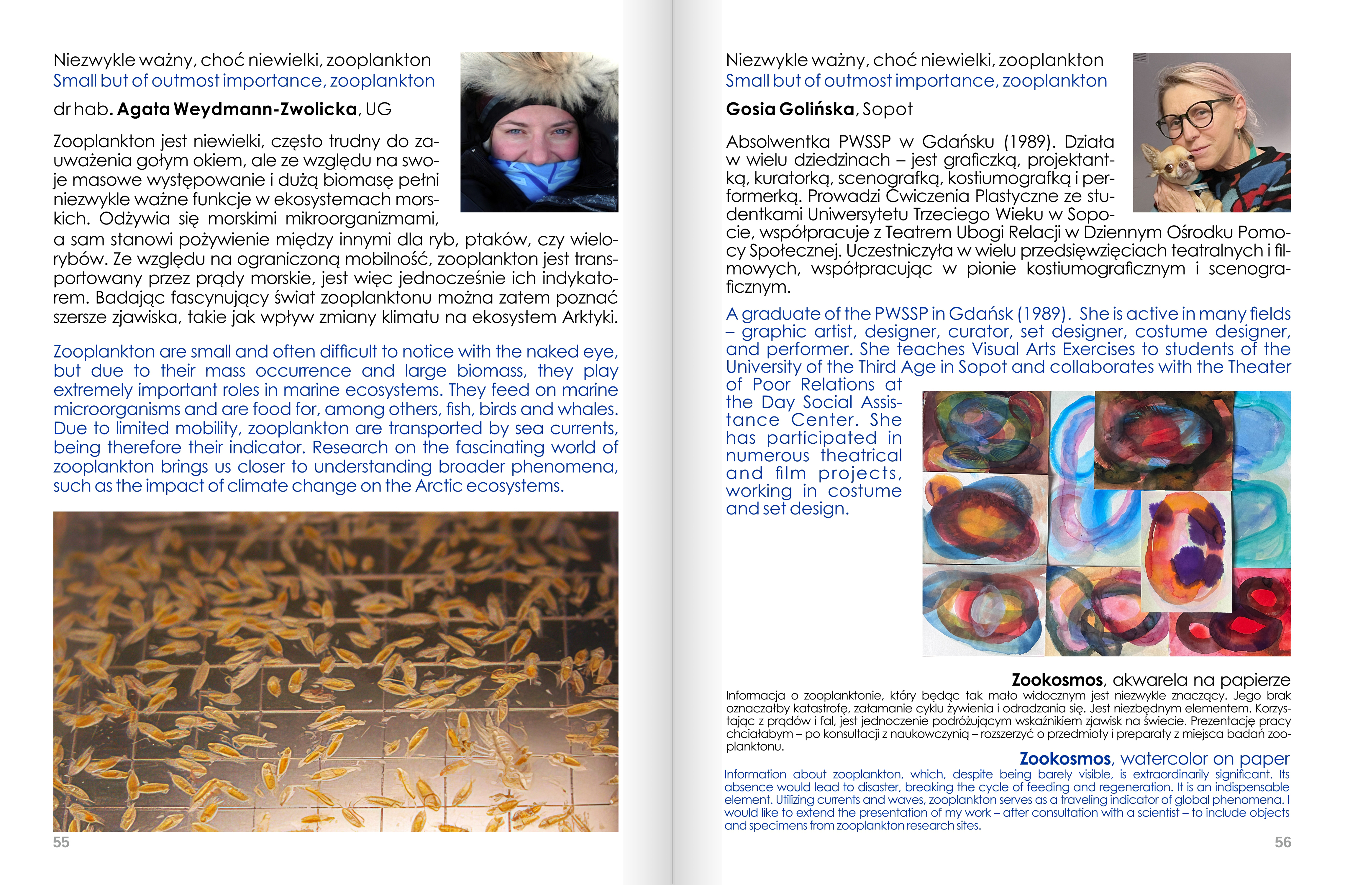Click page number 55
pos(61,842)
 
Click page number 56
pos(1282,842)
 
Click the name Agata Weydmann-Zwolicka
pos(237,109)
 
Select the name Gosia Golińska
pos(790,109)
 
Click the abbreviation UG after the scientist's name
pos(379,109)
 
